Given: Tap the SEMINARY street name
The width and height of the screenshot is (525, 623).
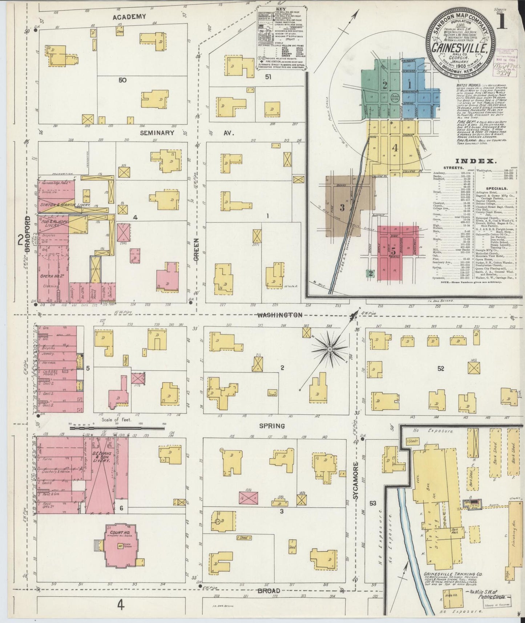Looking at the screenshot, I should (157, 133).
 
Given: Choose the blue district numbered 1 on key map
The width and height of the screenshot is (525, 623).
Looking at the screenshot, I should (409, 86).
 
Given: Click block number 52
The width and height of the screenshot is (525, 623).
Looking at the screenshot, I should (440, 369).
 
